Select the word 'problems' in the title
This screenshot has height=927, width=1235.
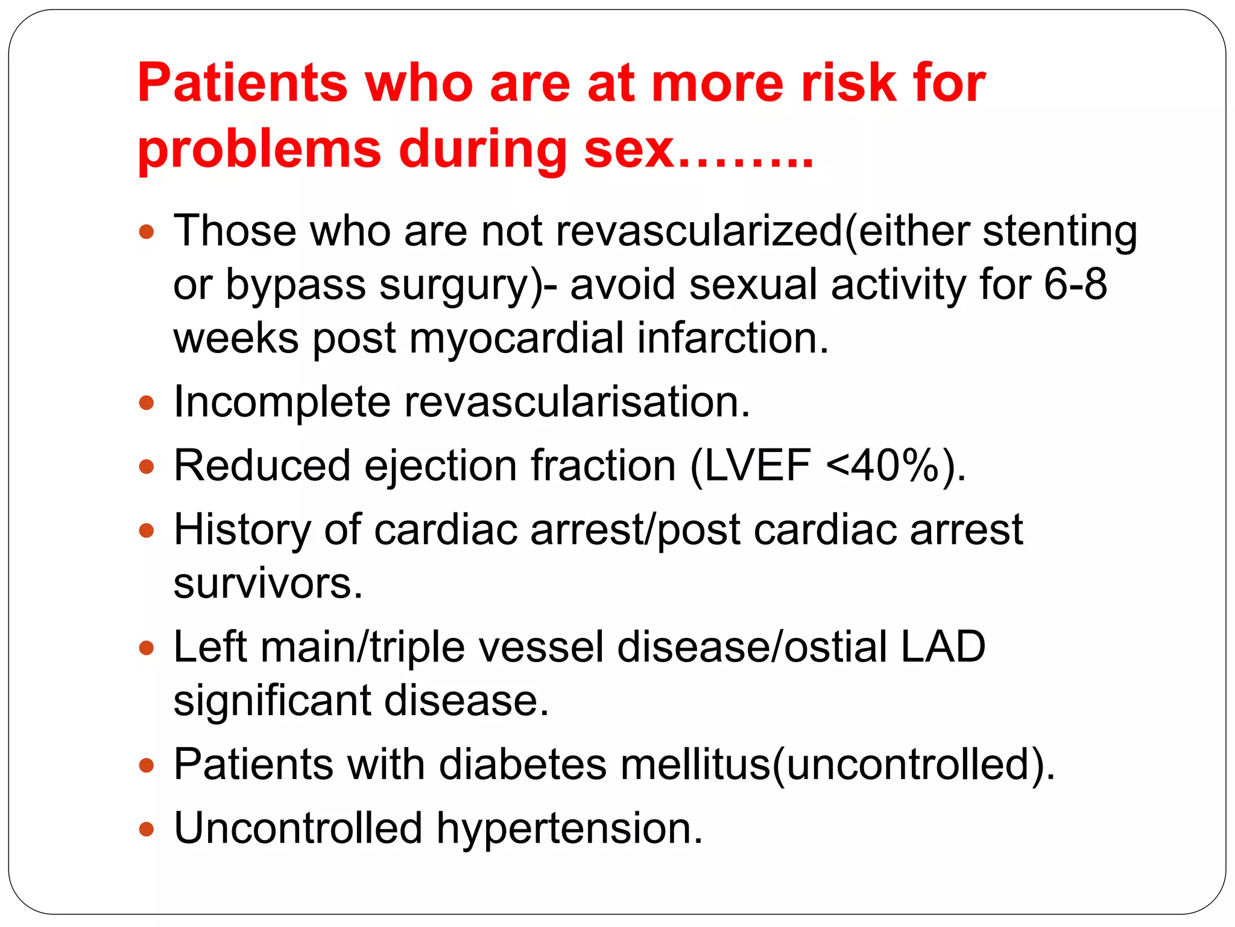(x=259, y=149)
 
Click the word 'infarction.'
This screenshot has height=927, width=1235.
(x=733, y=337)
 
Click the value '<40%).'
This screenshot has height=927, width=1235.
(x=895, y=465)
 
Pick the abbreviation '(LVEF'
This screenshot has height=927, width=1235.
(x=750, y=465)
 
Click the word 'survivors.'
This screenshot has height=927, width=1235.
(x=268, y=583)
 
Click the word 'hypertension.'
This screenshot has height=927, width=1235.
(x=570, y=828)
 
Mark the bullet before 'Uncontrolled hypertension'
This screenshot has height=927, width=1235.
(x=147, y=829)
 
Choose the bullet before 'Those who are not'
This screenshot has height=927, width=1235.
(x=147, y=232)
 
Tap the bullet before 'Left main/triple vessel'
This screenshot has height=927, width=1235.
(x=147, y=648)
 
